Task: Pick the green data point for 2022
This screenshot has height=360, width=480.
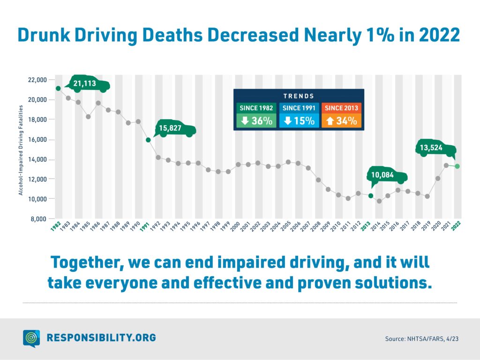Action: [x=457, y=166]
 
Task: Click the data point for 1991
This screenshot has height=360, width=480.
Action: [x=148, y=140]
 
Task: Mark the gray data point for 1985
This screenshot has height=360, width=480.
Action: [x=88, y=116]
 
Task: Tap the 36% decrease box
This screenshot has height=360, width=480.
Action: [x=256, y=120]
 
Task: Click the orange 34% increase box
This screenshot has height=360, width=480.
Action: [x=341, y=120]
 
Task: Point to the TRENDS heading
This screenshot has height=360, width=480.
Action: [x=299, y=96]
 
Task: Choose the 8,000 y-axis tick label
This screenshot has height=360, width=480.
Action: [x=38, y=219]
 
